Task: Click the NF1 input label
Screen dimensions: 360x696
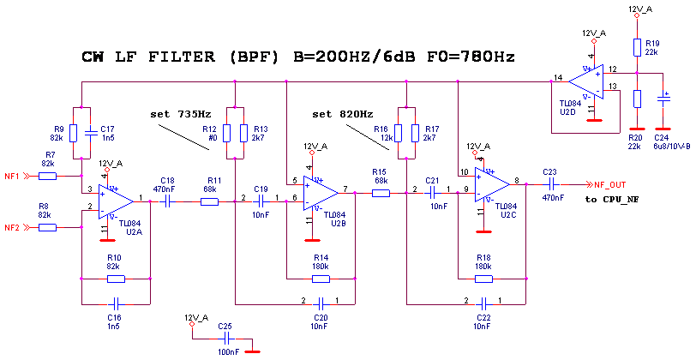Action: tap(11, 176)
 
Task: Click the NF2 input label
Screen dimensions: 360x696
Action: tap(11, 227)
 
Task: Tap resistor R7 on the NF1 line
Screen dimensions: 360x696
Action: tap(48, 176)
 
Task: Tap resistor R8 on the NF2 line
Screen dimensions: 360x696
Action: tap(48, 227)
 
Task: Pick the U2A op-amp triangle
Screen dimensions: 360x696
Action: tap(114, 201)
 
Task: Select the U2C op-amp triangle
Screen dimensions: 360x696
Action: tap(491, 184)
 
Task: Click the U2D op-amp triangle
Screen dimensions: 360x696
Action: tap(585, 81)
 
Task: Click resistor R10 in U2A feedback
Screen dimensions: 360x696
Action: tap(115, 279)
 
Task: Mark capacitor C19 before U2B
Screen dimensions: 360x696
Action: tap(261, 201)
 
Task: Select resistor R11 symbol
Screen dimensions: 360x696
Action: tap(210, 201)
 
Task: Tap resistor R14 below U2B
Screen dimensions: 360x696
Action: tap(321, 279)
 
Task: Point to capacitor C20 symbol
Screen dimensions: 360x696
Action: tap(321, 303)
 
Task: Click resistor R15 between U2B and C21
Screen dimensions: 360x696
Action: tap(381, 193)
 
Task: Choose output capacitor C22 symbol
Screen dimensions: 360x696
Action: tap(552, 184)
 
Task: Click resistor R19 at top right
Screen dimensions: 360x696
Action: tap(637, 47)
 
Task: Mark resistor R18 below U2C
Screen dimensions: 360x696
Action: tap(483, 279)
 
